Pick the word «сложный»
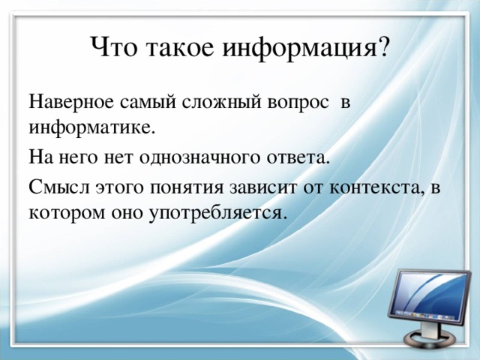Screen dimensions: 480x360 click(222, 103)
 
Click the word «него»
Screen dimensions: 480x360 click(81, 158)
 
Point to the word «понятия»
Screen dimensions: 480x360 click(187, 188)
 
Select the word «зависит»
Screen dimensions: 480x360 click(262, 187)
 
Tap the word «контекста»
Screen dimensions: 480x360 click(376, 187)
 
